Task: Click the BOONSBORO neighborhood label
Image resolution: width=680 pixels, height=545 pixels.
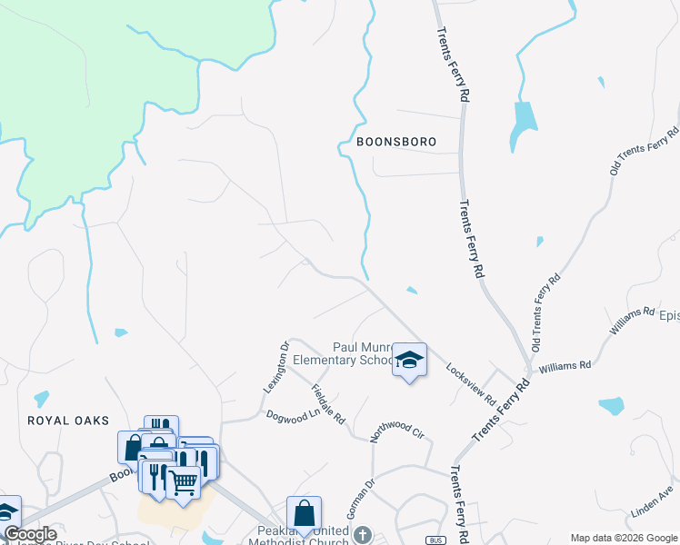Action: [x=396, y=143]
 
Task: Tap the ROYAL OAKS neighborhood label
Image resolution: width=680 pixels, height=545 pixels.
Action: [x=68, y=421]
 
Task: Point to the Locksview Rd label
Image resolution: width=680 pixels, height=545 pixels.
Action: [x=470, y=384]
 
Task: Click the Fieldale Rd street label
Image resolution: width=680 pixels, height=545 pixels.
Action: [x=328, y=405]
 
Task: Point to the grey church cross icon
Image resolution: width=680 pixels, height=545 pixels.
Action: [x=363, y=534]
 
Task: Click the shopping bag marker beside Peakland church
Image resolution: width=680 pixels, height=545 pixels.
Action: [x=303, y=512]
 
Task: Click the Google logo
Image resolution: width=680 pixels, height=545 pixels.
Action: [x=29, y=535]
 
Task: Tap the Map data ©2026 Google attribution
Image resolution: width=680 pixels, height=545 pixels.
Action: [x=622, y=538]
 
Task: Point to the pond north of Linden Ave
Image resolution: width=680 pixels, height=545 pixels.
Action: [x=611, y=405]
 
